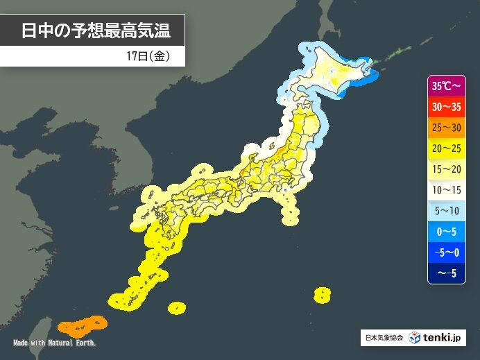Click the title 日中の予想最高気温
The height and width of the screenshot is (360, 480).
[x=95, y=31]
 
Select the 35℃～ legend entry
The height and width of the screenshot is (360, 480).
[x=445, y=87]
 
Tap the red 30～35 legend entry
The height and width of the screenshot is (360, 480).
[x=445, y=108]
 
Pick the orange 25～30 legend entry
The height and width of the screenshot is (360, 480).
[x=445, y=128]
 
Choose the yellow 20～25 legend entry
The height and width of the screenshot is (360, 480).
[x=445, y=148]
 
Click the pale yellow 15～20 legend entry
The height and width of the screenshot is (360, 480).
[x=445, y=169]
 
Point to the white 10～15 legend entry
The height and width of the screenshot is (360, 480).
[x=445, y=189]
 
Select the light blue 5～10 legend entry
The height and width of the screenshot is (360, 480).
[x=445, y=209]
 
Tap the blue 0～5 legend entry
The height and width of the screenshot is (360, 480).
[x=445, y=230]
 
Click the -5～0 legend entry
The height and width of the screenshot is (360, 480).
[x=445, y=251]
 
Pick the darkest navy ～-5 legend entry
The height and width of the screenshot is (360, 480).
[x=445, y=271]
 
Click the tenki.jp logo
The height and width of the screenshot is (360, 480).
[x=435, y=338]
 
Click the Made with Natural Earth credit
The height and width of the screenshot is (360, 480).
[x=55, y=343]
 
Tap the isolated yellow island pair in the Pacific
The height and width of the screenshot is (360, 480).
[x=322, y=295]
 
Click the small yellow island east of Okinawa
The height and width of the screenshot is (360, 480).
[x=177, y=306]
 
